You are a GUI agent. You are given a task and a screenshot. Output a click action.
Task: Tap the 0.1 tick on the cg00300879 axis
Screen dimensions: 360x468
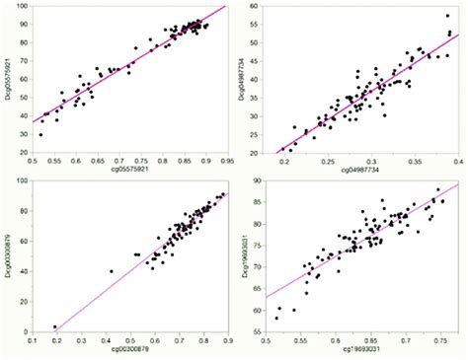(x=33, y=340)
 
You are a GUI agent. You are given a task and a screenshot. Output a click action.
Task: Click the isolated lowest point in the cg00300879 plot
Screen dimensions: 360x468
(x=55, y=326)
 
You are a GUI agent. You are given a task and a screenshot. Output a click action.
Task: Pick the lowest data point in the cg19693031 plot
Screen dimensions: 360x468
(x=276, y=318)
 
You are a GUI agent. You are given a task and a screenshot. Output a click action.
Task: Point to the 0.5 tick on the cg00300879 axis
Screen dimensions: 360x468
(x=131, y=340)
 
